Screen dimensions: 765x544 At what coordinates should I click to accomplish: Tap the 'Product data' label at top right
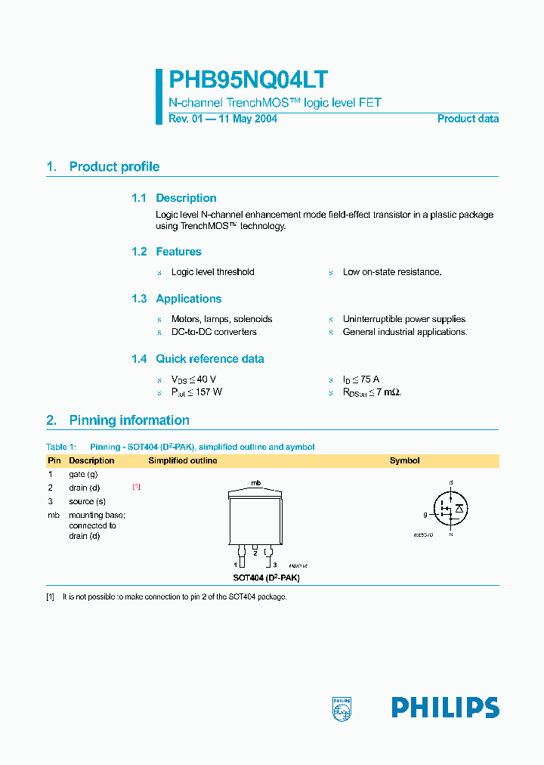tap(468, 119)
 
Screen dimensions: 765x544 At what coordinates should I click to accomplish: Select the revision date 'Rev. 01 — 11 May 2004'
tap(222, 119)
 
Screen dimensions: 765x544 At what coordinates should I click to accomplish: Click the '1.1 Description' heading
tap(174, 198)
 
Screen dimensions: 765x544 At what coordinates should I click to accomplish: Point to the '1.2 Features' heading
tap(166, 252)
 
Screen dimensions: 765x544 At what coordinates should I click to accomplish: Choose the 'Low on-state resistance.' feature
tap(391, 272)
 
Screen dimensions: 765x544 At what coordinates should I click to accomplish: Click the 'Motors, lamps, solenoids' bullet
tap(221, 319)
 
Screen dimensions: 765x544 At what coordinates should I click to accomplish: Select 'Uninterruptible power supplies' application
tap(403, 319)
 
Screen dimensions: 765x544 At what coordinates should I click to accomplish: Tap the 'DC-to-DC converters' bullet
tap(214, 332)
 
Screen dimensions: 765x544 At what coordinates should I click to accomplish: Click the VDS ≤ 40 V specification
tap(194, 379)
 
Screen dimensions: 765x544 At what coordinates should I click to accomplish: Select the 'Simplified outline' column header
tap(182, 460)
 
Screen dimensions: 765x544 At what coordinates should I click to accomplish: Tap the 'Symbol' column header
tap(404, 460)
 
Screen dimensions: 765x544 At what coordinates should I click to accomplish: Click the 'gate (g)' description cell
tap(83, 474)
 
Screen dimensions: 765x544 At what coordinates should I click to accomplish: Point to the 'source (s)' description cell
tap(87, 501)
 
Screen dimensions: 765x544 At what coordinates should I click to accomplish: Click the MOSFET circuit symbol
tap(450, 508)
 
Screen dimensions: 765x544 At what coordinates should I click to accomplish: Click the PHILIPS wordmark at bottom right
tap(444, 708)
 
